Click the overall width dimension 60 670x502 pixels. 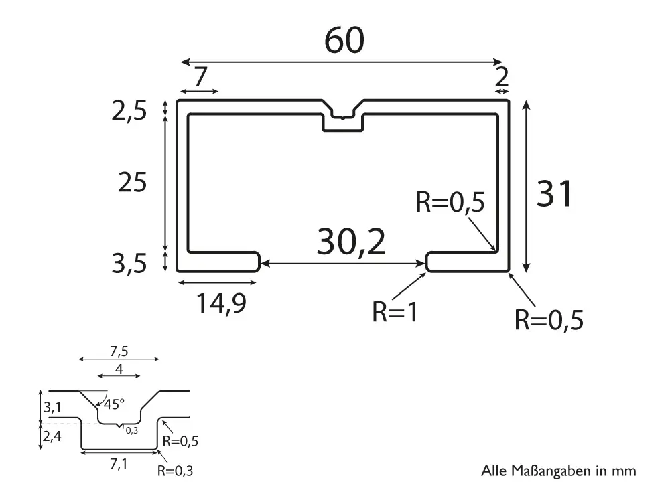coord(344,41)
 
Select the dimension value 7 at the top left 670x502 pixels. coord(200,78)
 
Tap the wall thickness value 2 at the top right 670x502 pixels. coord(502,78)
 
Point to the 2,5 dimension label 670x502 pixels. coord(129,112)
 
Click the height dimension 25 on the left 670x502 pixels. coord(131,182)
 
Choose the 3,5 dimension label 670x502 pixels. coord(129,264)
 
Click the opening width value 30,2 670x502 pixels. coord(351,242)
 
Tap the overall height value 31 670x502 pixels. coord(555,195)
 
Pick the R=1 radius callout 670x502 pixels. coord(395,313)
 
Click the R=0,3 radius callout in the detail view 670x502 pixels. coord(176,471)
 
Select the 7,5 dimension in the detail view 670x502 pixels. coord(119,351)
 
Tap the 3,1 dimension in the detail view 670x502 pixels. coord(52,406)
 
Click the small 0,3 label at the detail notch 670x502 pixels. coord(131,430)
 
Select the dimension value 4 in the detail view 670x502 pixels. coord(119,369)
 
